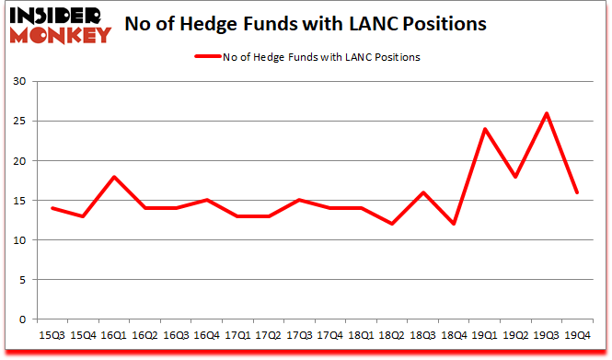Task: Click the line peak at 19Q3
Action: [548, 113]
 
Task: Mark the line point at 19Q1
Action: [484, 129]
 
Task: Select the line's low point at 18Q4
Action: [453, 224]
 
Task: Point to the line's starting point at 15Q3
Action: [52, 208]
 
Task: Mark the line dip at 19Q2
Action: [516, 177]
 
